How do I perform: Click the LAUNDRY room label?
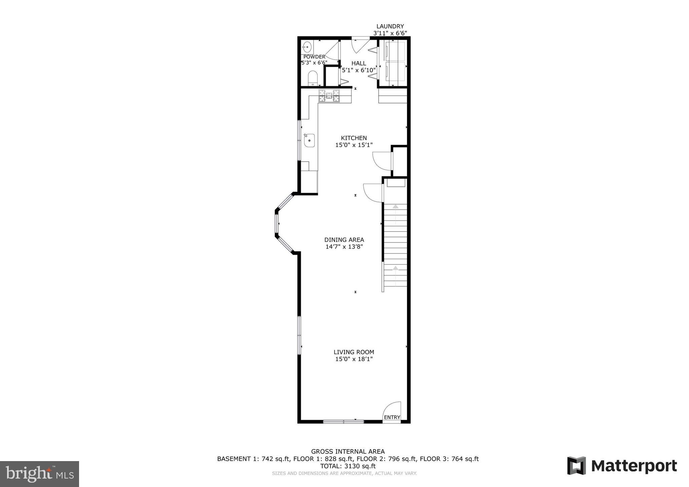390,26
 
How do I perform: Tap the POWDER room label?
314,57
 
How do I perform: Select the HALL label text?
359,63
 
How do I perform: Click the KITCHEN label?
354,138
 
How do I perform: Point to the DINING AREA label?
344,240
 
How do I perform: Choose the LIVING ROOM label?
354,352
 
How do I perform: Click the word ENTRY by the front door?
392,417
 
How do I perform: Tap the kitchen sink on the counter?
309,140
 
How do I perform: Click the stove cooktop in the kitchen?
329,96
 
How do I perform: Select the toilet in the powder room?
313,78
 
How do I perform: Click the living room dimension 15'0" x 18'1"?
354,359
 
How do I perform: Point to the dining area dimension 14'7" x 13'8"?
344,247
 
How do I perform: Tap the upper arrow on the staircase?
396,206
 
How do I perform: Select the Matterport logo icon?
576,465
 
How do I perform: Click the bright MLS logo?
39,474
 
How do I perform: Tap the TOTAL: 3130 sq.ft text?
348,466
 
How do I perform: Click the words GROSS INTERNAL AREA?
348,452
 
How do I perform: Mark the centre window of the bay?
277,224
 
